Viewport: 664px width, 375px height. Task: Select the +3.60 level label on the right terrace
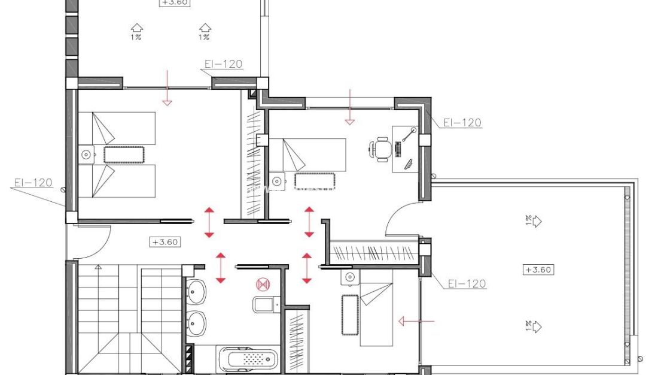(x=538, y=270)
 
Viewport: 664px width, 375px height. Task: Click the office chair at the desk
(x=381, y=149)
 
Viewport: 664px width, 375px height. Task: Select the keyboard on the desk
(x=399, y=149)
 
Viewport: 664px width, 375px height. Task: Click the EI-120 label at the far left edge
(x=33, y=183)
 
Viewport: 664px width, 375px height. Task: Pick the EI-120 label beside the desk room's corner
(x=462, y=123)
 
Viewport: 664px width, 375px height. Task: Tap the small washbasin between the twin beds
(x=87, y=155)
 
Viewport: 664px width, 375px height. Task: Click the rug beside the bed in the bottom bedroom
(x=349, y=314)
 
